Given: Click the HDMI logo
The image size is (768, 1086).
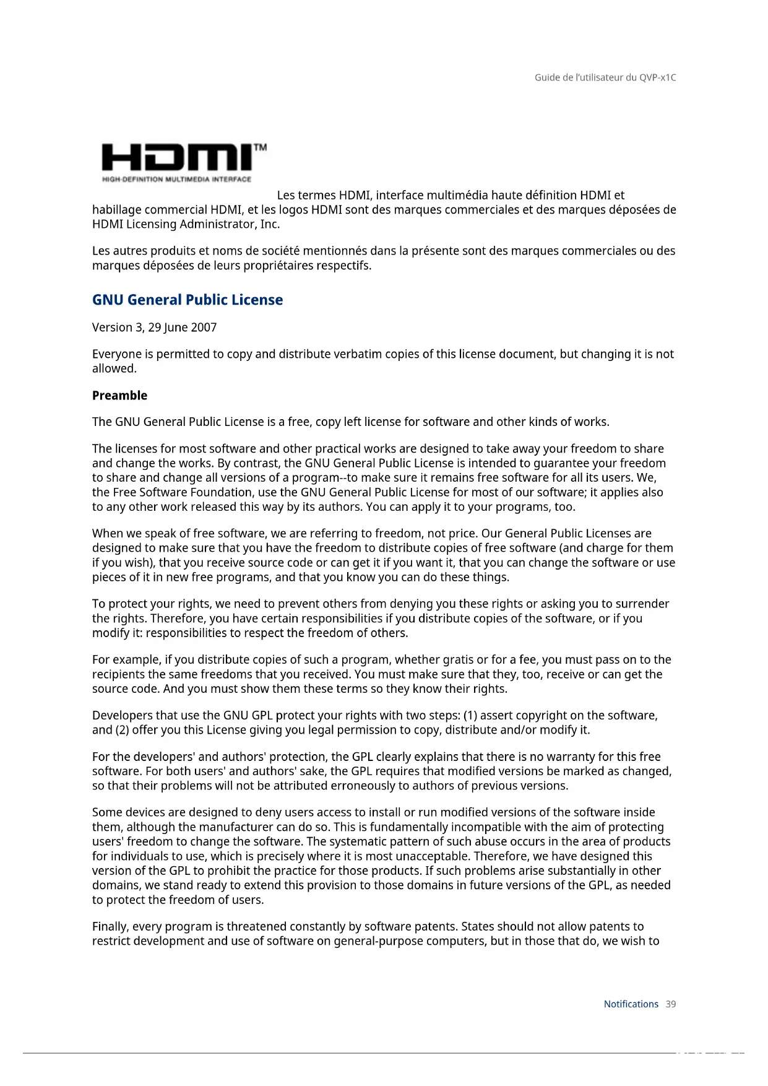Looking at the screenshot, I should point(177,157).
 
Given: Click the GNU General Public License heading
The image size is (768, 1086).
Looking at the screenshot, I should point(187,300).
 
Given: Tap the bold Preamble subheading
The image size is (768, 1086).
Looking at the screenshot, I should point(119,396).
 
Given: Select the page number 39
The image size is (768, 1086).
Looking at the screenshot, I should point(671,1004).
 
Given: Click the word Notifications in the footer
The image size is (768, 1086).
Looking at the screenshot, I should point(631,1004).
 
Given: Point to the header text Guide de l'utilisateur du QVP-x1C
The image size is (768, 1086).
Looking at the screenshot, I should point(605,77).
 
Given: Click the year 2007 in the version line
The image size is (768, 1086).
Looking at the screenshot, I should point(204,328).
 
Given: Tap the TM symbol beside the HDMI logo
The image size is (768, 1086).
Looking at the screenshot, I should point(261,147).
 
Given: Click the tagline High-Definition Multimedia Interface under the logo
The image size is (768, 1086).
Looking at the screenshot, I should point(176,180).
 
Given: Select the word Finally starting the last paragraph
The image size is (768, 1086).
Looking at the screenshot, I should point(110,927).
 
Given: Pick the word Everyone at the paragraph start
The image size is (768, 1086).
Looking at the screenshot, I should point(116,354).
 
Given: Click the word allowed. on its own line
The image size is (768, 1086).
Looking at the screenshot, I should point(114,369).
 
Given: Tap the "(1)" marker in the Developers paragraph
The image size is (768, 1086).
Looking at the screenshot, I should point(470,716).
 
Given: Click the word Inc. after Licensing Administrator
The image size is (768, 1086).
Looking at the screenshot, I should point(269,224).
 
